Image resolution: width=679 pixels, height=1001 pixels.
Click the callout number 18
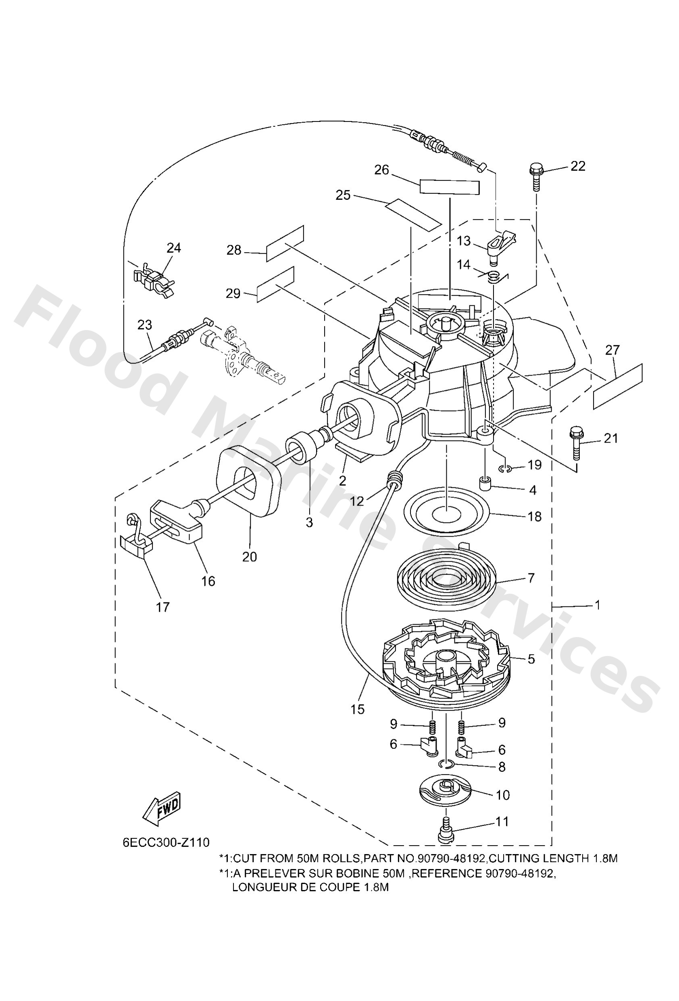(x=534, y=516)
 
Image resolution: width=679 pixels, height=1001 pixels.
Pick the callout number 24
(x=174, y=248)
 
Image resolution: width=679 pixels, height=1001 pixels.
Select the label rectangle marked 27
(x=617, y=387)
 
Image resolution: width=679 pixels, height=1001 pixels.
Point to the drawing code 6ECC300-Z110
(x=166, y=854)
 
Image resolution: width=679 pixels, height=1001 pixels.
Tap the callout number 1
(x=597, y=605)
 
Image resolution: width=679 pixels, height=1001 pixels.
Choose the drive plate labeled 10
(x=446, y=790)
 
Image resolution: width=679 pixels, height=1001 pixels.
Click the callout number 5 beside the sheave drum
(x=531, y=659)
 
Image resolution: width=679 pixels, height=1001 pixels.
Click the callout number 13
(x=464, y=241)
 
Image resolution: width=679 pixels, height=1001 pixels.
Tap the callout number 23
(x=145, y=324)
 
